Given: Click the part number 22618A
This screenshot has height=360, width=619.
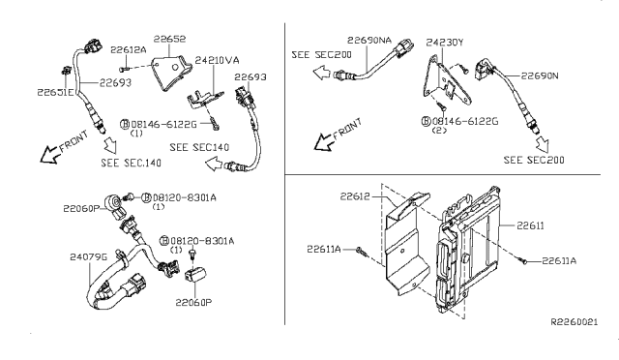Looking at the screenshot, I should click(127, 48).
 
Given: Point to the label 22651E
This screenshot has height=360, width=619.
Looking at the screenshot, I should click(55, 92).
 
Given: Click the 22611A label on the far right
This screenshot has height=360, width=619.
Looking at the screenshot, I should click(560, 259).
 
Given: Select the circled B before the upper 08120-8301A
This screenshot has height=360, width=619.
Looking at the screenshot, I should click(146, 196).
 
